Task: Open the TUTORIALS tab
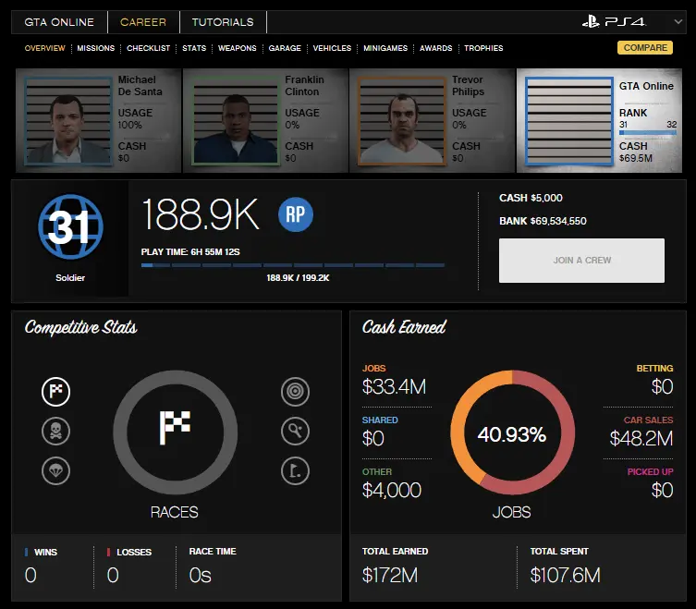point(223,22)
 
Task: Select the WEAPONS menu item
point(237,48)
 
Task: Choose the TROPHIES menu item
point(483,48)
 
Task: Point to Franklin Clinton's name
point(304,86)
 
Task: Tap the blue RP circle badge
point(296,215)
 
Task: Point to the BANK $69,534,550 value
point(543,222)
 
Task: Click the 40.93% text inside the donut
point(511,433)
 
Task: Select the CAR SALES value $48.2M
point(641,439)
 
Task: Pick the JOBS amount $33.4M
point(394,387)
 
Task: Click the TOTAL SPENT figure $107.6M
point(565,575)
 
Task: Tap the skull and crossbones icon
point(55,431)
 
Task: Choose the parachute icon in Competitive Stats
point(55,471)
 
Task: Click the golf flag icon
point(295,471)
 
